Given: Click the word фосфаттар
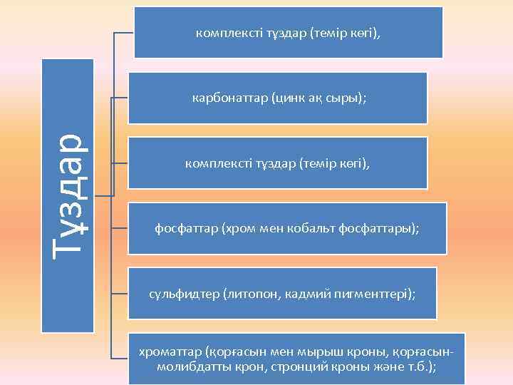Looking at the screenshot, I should click(187, 229).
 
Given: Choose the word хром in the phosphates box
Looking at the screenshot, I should click(237, 229).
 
